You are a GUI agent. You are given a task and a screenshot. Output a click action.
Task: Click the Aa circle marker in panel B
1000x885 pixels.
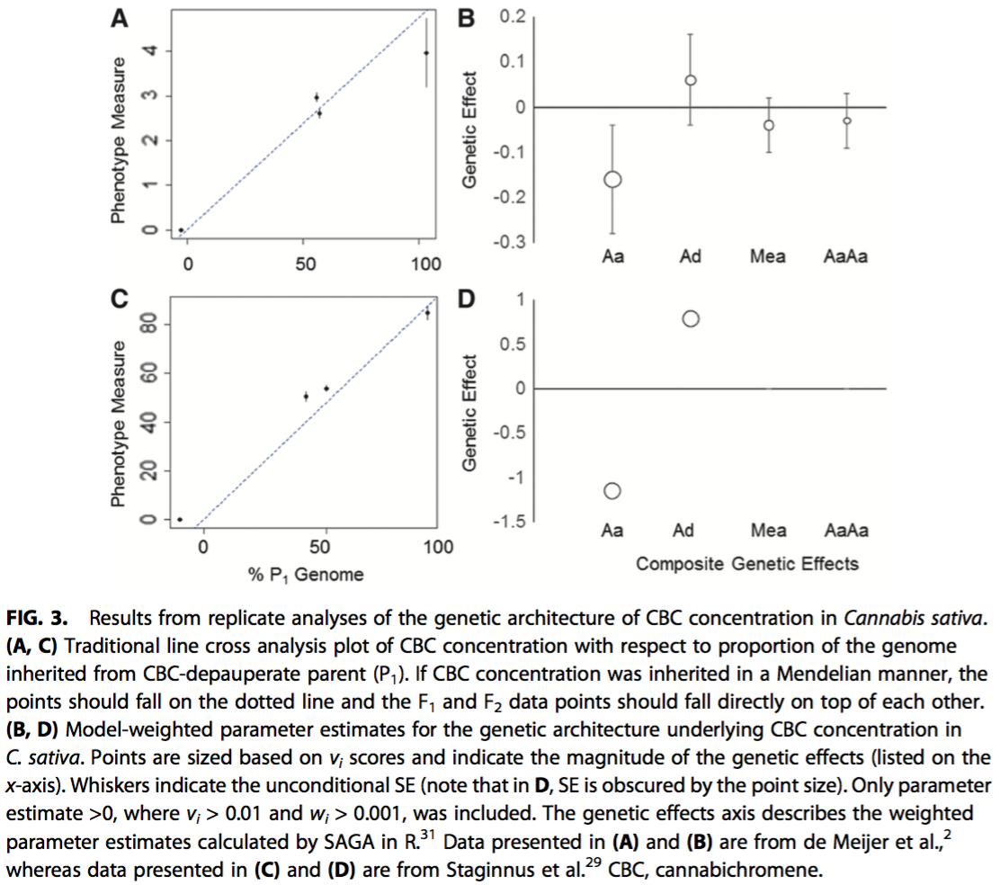(613, 179)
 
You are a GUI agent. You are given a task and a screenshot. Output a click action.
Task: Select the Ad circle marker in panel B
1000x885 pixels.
(691, 80)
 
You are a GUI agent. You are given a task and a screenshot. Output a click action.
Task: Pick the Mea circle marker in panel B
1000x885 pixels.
(769, 125)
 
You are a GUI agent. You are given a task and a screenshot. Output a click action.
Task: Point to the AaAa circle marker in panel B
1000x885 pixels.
(846, 120)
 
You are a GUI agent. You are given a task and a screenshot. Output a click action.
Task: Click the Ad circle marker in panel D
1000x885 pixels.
(691, 318)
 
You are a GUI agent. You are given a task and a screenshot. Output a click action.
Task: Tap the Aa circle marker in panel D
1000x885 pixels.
(613, 490)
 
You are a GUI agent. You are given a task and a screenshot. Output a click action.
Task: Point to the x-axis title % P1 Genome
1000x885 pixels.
(306, 574)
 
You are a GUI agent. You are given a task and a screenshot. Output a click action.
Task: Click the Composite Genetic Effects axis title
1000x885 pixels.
(747, 564)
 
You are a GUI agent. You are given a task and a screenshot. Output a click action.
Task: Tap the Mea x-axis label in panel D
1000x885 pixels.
(768, 531)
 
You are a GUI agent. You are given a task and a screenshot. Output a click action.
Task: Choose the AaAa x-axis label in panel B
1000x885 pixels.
(846, 257)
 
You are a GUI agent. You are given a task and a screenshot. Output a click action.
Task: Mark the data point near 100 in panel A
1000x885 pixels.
(425, 53)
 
